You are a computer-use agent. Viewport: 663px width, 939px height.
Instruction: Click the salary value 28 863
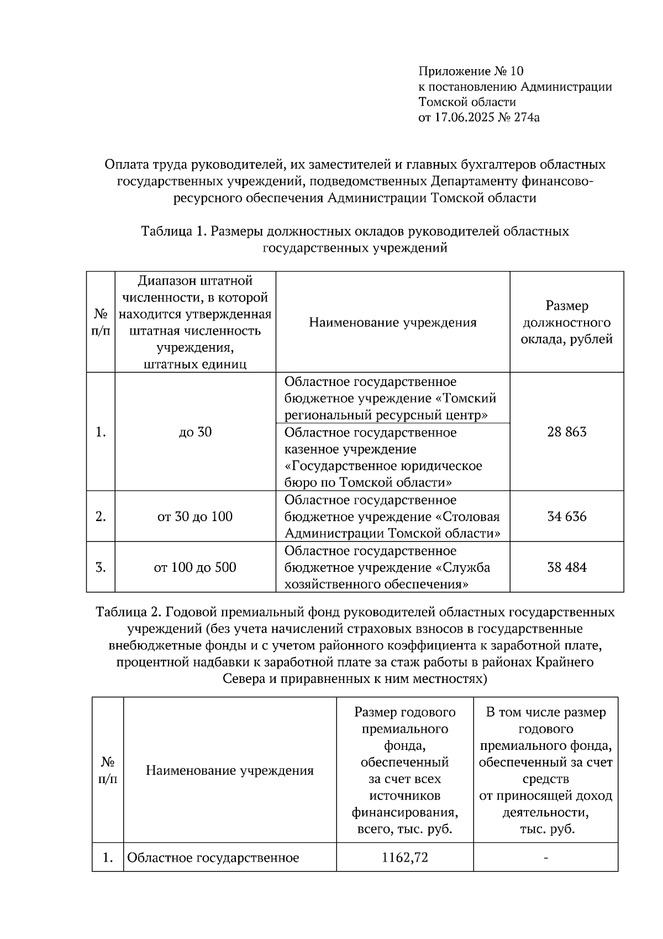(566, 432)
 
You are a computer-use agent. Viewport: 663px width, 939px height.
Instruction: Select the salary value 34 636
(566, 517)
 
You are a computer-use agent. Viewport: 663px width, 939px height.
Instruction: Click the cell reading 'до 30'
(195, 432)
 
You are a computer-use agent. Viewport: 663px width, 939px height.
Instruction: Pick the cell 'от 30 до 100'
(195, 517)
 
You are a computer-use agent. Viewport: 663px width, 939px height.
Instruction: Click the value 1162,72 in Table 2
(404, 858)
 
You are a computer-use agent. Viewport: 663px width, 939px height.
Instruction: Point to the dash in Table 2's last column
(546, 858)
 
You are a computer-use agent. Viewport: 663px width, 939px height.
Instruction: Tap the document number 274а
(525, 117)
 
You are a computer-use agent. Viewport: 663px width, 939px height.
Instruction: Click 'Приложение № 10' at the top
(471, 71)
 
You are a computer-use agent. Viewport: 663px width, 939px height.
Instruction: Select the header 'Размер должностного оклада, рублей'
(566, 322)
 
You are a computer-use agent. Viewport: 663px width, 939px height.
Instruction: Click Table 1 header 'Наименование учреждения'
(392, 322)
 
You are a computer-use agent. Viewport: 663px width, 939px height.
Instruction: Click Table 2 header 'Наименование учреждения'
(229, 771)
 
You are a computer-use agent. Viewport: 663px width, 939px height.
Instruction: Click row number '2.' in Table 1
(101, 517)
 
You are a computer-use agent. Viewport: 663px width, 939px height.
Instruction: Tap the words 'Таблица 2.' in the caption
(128, 613)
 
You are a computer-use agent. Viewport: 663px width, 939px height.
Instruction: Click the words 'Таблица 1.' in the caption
(174, 231)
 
